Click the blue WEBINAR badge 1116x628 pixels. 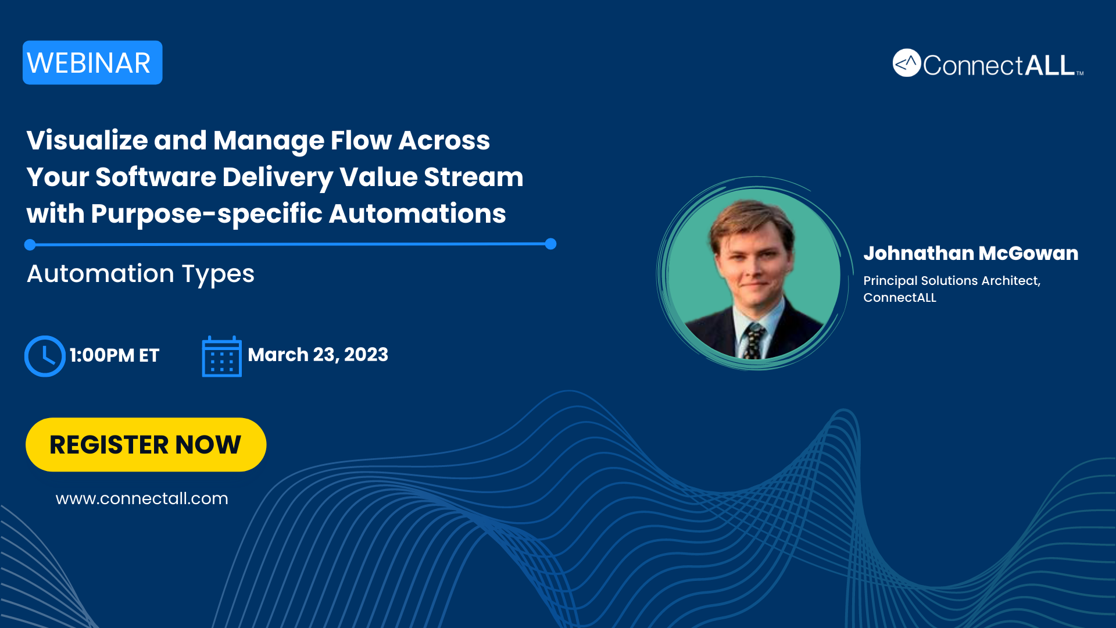point(92,63)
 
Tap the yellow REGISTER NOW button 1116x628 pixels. point(146,445)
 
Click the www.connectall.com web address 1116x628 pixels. point(142,499)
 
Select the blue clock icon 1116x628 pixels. point(45,356)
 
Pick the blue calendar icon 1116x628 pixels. point(221,356)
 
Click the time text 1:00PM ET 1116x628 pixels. point(115,355)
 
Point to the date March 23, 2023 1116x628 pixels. point(318,355)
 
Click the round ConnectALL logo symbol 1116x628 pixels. point(907,63)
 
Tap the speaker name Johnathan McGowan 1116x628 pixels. point(971,254)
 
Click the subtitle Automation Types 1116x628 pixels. point(141,274)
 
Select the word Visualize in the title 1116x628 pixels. point(87,141)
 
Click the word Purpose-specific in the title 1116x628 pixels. point(206,215)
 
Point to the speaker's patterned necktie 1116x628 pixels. point(754,341)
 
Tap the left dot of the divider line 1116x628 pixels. point(30,245)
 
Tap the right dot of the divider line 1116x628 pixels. point(551,244)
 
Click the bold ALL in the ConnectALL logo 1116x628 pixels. point(1049,65)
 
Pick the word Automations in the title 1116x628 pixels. point(417,214)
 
